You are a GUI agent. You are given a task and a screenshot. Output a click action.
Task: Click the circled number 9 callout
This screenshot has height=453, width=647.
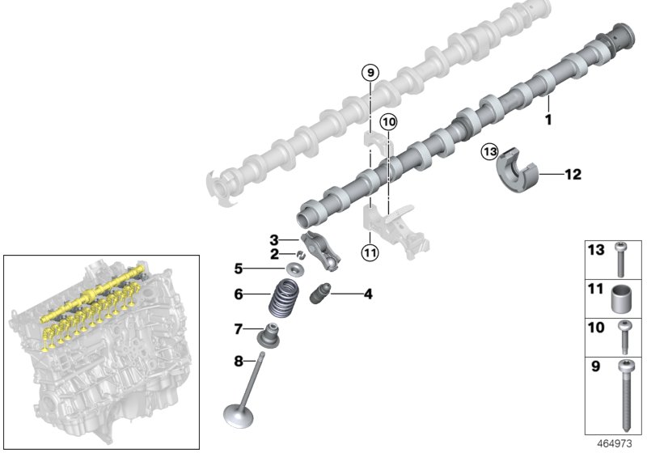pyautogui.click(x=370, y=73)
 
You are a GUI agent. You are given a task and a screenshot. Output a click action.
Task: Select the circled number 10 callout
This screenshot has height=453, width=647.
pyautogui.click(x=388, y=121)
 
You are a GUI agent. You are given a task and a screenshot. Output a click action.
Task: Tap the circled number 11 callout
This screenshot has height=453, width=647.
pyautogui.click(x=370, y=252)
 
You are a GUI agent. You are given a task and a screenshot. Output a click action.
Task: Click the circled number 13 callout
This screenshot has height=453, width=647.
pyautogui.click(x=489, y=151)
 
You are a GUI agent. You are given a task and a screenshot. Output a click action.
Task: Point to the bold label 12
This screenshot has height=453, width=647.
pyautogui.click(x=573, y=174)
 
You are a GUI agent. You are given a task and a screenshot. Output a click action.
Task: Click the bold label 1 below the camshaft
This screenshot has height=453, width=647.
pyautogui.click(x=548, y=120)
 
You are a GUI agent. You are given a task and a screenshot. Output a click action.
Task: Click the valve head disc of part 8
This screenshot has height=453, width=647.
pyautogui.click(x=239, y=416)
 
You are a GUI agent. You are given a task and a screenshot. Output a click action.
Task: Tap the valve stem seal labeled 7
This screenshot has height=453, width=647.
pyautogui.click(x=269, y=335)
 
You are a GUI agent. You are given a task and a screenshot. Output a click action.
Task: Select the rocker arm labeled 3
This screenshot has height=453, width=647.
pyautogui.click(x=321, y=252)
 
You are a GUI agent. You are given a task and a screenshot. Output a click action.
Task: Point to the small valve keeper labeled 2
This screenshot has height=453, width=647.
pyautogui.click(x=302, y=255)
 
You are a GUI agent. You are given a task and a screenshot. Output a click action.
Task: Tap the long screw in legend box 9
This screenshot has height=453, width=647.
pyautogui.click(x=625, y=396)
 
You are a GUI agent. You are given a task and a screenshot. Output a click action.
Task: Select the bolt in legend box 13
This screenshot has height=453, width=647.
pyautogui.click(x=620, y=260)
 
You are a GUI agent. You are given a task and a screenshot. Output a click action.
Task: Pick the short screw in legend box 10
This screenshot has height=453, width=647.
pyautogui.click(x=624, y=337)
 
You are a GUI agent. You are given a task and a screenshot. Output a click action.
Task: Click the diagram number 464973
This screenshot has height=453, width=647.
pyautogui.click(x=615, y=443)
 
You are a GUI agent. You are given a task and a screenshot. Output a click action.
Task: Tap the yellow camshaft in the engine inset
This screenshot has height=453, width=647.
pyautogui.click(x=93, y=294)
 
